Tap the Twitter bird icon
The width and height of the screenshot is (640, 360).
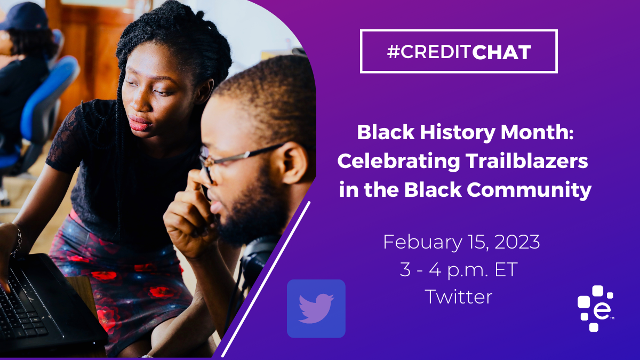(x=316, y=309)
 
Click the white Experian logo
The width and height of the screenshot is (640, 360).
(x=596, y=308)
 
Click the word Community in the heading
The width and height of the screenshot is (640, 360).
(x=529, y=190)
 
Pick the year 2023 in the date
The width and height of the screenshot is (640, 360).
(x=517, y=242)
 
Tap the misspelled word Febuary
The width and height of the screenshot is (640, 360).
(x=422, y=242)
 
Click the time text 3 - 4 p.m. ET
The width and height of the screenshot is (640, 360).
(x=459, y=269)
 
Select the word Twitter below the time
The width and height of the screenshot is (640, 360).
(x=459, y=297)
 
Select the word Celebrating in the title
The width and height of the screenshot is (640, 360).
(x=399, y=162)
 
